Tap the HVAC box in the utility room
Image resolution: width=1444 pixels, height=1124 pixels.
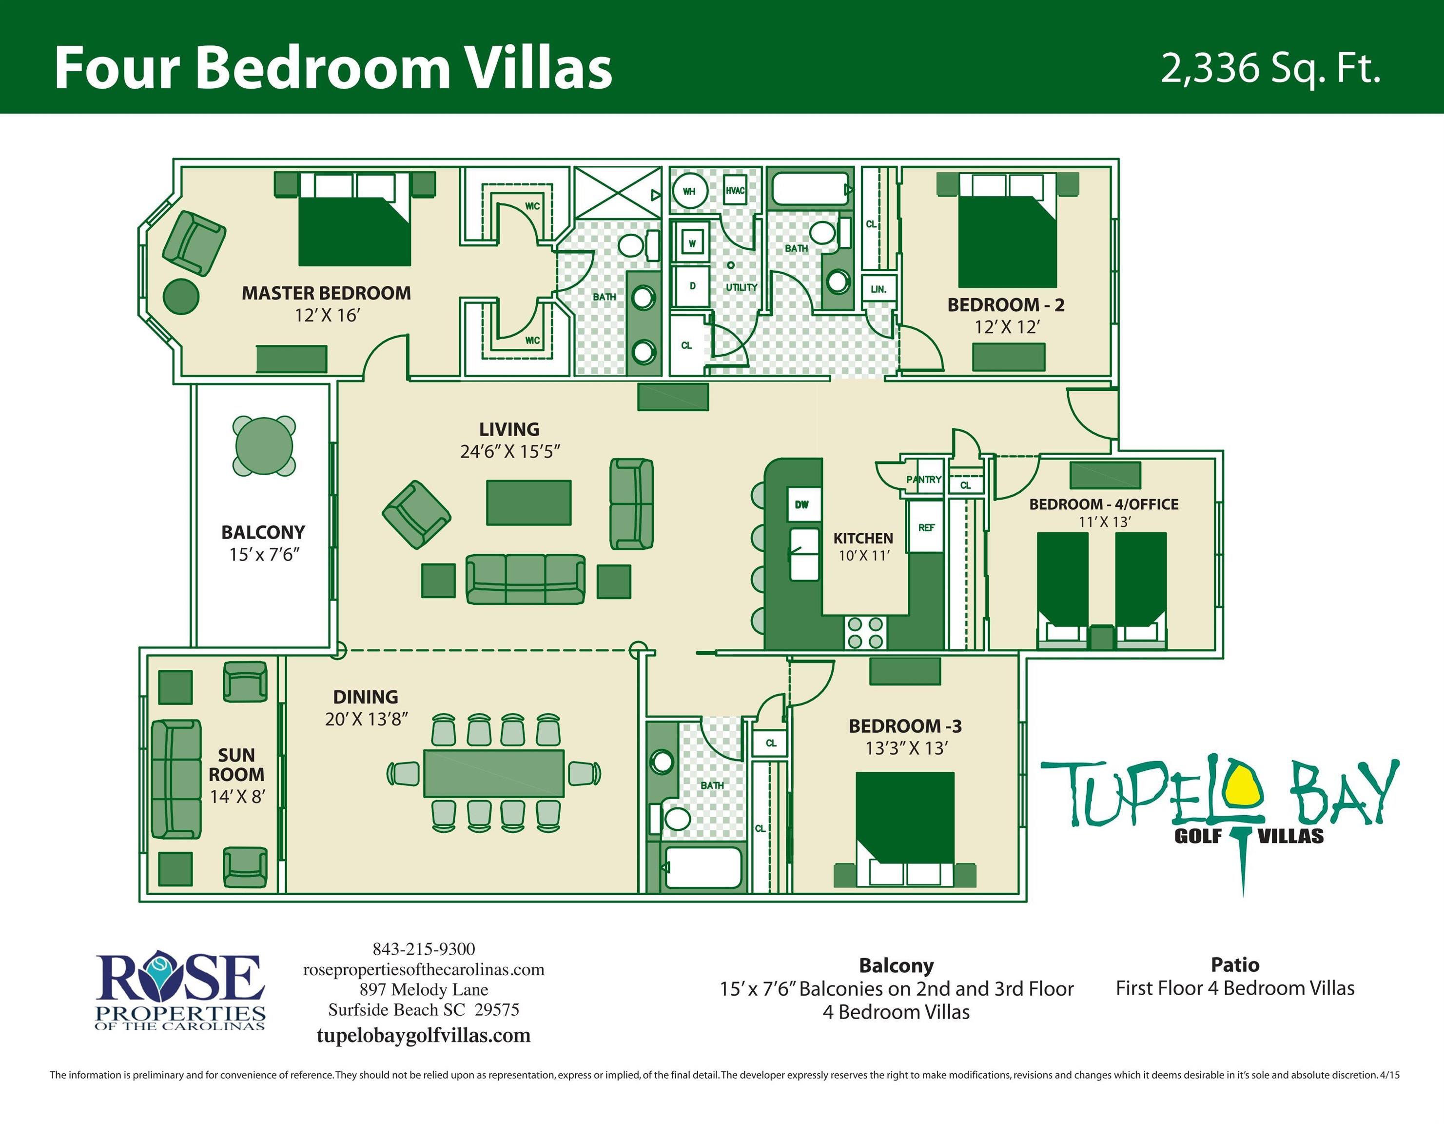(x=735, y=191)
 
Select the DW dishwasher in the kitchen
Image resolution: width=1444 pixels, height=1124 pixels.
(x=802, y=505)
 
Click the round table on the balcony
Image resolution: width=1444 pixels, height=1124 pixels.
(x=264, y=446)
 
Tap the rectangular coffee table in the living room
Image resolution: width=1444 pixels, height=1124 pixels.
(x=529, y=503)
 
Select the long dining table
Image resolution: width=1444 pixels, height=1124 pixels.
(x=494, y=773)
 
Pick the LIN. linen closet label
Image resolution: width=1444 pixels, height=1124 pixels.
(x=878, y=289)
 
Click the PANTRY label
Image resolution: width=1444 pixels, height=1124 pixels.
(x=924, y=479)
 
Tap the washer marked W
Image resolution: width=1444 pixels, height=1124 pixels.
(x=692, y=243)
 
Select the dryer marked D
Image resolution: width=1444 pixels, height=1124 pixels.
(x=692, y=286)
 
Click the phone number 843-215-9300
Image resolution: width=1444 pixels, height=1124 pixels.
(x=424, y=949)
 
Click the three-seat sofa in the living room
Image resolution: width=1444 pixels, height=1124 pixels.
(x=526, y=580)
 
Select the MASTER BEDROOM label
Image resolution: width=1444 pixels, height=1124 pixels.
(x=326, y=293)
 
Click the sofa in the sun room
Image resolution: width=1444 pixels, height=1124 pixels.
(x=176, y=779)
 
